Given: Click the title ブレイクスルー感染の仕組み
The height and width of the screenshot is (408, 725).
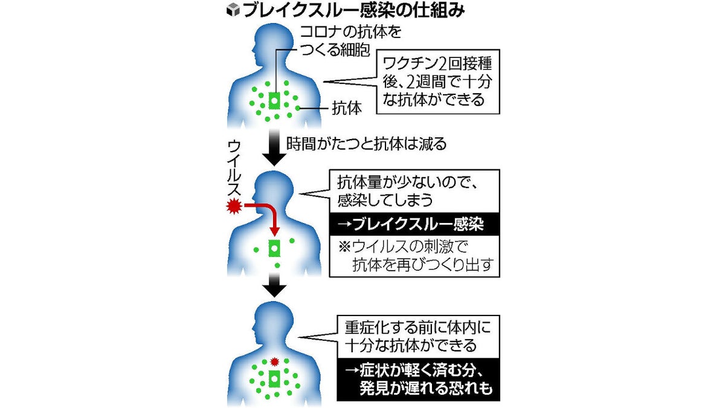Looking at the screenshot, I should tap(353, 10).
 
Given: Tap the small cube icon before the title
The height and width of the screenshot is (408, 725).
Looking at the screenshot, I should tap(233, 10).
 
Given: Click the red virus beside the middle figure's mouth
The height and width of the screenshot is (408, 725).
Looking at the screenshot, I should tap(233, 207).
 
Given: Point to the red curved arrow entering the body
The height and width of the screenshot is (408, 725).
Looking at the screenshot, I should tap(266, 215).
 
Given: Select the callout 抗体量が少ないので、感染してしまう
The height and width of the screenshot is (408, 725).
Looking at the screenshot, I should tap(414, 190).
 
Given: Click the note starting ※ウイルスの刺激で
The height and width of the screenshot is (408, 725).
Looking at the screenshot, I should tap(414, 256).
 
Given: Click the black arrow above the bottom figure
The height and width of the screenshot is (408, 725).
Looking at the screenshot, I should tap(275, 285).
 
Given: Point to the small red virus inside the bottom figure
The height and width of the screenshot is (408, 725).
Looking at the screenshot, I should tap(275, 362).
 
